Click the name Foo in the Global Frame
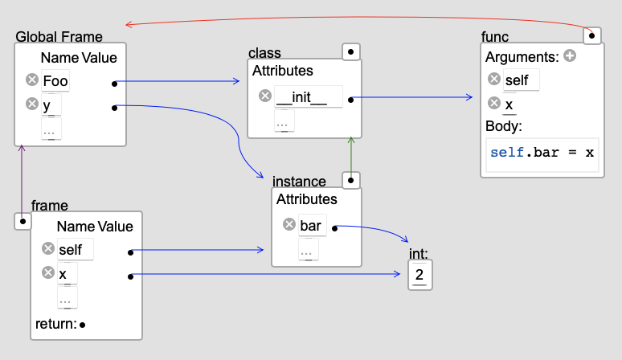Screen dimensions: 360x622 click(x=55, y=80)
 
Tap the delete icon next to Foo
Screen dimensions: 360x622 click(x=32, y=80)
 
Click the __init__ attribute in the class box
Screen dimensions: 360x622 click(x=301, y=96)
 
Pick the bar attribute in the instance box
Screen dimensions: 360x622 click(x=310, y=226)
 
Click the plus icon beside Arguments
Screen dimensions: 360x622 click(x=570, y=56)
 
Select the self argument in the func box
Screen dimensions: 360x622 click(x=517, y=80)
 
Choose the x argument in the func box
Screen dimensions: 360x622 click(x=509, y=104)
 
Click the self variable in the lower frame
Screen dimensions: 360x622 click(x=70, y=249)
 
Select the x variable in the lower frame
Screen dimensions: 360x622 click(x=63, y=274)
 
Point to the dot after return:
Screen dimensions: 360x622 click(x=83, y=325)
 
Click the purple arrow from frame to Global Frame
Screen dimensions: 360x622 click(x=22, y=181)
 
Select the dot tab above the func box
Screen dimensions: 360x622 click(x=592, y=35)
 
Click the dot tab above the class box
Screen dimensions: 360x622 click(x=350, y=52)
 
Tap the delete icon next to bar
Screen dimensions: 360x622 click(x=289, y=225)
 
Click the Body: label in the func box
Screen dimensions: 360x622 click(x=504, y=126)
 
